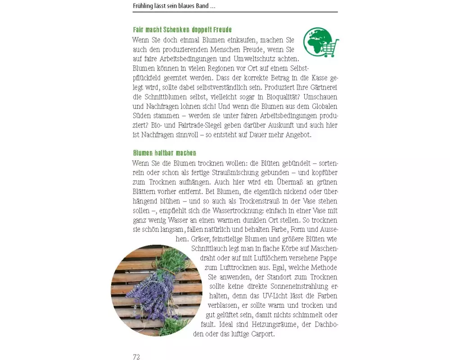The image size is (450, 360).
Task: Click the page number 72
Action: point(136,357)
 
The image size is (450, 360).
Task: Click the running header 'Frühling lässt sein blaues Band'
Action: point(174,6)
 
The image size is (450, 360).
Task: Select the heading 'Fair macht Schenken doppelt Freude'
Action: point(182,30)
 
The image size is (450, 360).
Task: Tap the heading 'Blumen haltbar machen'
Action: point(164,153)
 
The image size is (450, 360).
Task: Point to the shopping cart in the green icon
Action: point(331,47)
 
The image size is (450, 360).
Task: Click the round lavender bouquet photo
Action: point(156,290)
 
